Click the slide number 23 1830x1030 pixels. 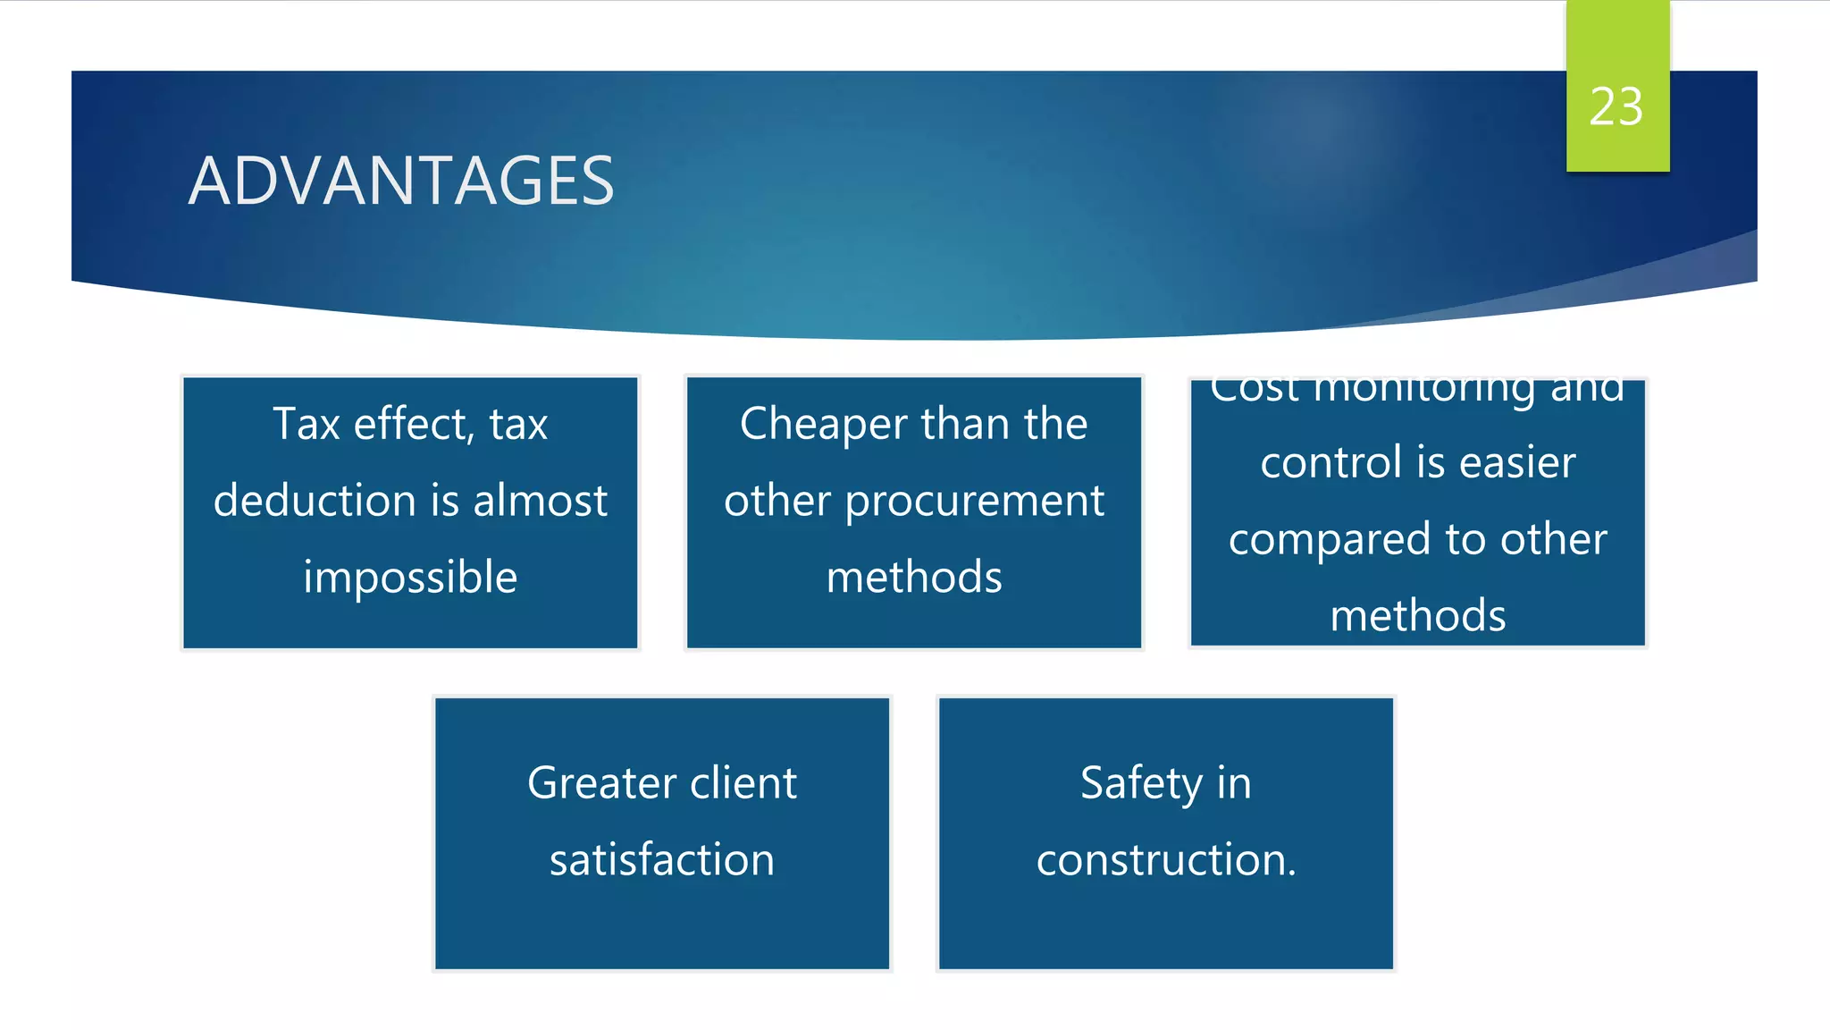[1616, 107]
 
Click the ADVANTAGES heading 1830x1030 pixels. [401, 182]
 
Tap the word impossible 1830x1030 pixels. [410, 578]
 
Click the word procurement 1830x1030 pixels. [975, 502]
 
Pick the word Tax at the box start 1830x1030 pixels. [306, 424]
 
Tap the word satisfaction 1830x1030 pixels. [662, 860]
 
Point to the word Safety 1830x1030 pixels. [1140, 783]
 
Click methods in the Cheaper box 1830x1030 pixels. [914, 578]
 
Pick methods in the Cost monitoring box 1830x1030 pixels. [1418, 616]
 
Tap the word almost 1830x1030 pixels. [541, 501]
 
